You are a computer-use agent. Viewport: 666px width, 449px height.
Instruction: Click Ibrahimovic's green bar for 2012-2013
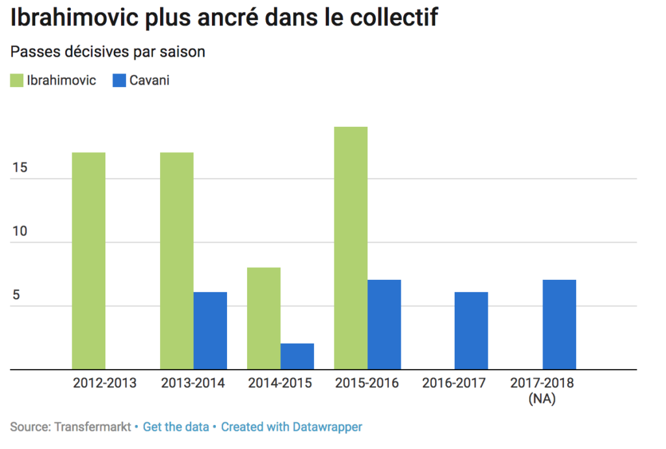(88, 260)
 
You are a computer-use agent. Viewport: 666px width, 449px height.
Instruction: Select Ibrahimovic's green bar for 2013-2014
(176, 260)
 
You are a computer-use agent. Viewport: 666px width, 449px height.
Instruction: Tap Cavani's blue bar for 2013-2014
(210, 331)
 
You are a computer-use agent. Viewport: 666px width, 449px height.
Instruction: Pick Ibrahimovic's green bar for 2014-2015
(263, 318)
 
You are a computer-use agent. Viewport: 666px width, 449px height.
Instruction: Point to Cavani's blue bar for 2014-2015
(297, 357)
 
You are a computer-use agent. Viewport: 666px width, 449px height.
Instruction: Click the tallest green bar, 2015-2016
(351, 248)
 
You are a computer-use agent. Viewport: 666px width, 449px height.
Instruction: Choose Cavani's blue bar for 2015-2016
(384, 325)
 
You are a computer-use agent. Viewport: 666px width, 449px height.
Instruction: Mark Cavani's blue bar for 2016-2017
(472, 331)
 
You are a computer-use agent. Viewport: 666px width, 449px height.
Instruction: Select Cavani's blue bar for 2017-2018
(559, 325)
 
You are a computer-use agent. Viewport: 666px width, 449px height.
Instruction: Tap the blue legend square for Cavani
(119, 81)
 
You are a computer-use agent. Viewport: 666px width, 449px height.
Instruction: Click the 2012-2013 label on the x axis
(105, 383)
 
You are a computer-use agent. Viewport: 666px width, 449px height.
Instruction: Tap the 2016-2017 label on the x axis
(454, 383)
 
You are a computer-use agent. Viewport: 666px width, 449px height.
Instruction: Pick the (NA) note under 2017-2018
(542, 398)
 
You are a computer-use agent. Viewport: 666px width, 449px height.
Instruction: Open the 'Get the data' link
(176, 428)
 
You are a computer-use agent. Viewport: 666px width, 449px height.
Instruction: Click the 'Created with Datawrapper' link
(291, 428)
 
